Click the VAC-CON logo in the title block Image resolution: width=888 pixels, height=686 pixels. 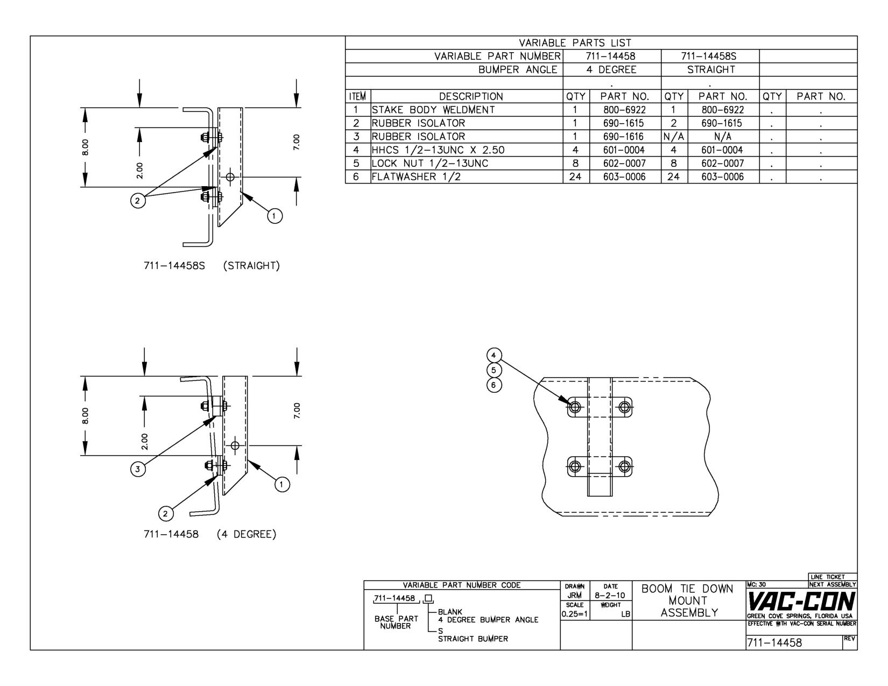(x=801, y=601)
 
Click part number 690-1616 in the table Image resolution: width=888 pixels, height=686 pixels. (x=624, y=137)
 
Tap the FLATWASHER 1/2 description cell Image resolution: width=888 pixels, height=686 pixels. (x=416, y=176)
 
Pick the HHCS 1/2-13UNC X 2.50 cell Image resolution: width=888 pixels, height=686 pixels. (x=438, y=150)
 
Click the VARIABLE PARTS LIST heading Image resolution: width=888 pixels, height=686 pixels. (x=575, y=43)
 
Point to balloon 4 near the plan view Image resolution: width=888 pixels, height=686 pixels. (x=494, y=356)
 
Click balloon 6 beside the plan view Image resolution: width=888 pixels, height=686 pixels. (x=494, y=385)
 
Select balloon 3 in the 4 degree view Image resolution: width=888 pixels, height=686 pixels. (x=138, y=469)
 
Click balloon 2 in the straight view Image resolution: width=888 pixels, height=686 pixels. (x=138, y=201)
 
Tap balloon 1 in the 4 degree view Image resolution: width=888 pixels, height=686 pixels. (x=281, y=485)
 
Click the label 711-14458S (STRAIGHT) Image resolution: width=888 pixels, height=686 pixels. (x=212, y=266)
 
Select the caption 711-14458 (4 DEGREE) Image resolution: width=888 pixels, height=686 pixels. (x=210, y=534)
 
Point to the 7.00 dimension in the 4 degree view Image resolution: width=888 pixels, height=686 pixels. (x=297, y=410)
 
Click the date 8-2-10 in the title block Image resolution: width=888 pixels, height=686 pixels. (x=610, y=596)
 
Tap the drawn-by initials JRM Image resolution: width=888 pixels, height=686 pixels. (x=575, y=596)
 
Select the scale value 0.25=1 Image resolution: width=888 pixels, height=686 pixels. (x=574, y=614)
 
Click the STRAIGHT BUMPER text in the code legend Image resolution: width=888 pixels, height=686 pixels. (x=473, y=639)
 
